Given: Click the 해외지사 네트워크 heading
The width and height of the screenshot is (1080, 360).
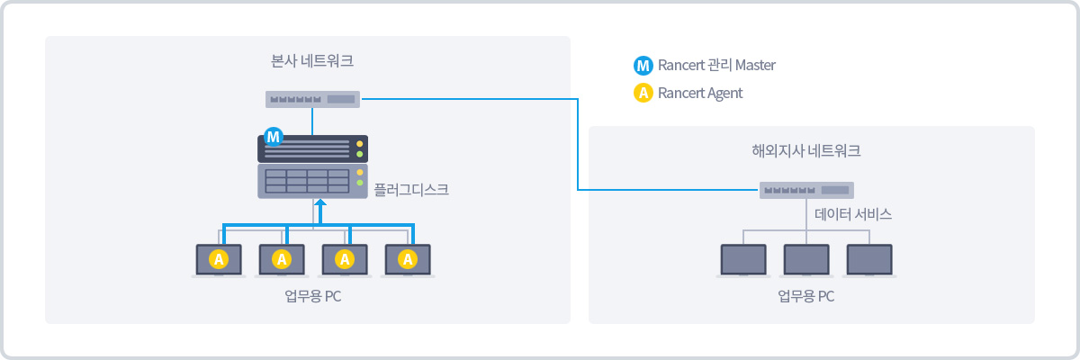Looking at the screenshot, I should pos(805,151).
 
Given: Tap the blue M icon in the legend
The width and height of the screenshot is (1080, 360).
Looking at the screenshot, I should pos(643,66).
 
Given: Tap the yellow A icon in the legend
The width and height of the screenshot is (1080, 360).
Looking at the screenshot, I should pos(643,93).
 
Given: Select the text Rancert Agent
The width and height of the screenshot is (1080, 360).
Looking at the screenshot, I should pos(700,93).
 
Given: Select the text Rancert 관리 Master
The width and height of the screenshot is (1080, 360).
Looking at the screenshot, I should pos(716,66).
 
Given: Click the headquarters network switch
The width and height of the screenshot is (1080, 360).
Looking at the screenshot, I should pos(312,99).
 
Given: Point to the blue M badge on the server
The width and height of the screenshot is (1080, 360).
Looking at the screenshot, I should pos(274,137).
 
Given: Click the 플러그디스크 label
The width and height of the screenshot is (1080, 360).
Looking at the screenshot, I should pos(410,190).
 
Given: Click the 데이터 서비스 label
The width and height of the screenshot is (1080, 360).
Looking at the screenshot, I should pos(852,215).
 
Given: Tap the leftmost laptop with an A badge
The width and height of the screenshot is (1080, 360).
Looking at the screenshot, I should pos(219,259).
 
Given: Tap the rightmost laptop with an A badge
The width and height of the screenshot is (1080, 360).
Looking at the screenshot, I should pos(408,259).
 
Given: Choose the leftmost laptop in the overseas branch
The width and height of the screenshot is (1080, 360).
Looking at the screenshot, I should pos(743,259).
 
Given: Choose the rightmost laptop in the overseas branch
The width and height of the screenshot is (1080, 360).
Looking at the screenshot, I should pos(869,259).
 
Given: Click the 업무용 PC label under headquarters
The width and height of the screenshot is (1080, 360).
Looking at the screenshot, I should pos(312,297).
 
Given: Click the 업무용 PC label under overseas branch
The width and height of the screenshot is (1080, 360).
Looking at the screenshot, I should pos(805,296).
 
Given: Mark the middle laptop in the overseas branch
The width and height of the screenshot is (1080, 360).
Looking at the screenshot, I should pos(806,259).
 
